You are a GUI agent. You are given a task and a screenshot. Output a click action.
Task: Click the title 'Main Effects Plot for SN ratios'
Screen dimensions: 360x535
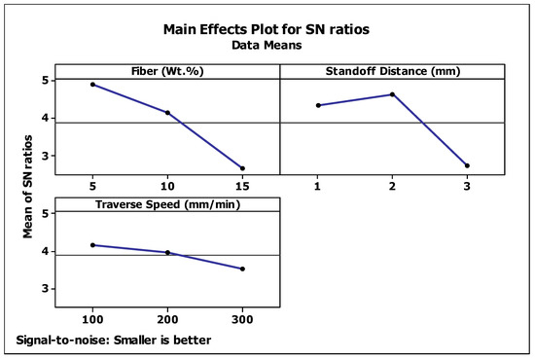(267, 27)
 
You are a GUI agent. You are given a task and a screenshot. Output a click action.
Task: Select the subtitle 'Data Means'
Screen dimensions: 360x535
(267, 45)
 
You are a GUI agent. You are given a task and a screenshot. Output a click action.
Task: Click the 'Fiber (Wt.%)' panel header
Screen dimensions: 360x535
(167, 71)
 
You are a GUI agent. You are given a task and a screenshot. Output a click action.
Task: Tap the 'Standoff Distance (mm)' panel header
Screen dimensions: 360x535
(392, 71)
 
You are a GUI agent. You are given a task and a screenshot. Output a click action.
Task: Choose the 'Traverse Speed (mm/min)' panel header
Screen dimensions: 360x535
(167, 204)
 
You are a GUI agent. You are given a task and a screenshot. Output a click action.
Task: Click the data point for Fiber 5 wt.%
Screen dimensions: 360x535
(92, 85)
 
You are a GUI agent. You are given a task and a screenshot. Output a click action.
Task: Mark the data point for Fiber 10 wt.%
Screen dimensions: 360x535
(167, 113)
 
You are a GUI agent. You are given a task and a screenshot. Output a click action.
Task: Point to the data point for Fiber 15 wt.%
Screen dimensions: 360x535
(242, 168)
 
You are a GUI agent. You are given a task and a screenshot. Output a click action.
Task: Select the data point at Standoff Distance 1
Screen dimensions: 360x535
(318, 105)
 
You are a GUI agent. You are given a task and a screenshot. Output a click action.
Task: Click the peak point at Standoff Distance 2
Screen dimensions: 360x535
(392, 94)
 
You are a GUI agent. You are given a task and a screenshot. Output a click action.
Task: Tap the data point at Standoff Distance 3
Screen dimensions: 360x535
(467, 165)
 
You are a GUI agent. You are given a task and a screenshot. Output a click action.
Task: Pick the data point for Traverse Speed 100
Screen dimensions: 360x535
(92, 245)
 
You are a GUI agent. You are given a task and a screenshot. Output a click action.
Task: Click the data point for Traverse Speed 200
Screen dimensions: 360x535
(167, 253)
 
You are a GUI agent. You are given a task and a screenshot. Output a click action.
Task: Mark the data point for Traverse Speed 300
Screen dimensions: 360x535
(242, 269)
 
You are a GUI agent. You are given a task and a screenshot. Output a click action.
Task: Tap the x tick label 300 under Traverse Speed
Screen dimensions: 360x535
(242, 319)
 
